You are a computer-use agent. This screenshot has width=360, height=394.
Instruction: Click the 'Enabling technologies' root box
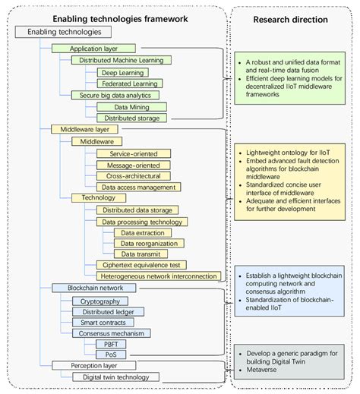64,32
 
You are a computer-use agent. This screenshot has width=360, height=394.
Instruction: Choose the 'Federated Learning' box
129,84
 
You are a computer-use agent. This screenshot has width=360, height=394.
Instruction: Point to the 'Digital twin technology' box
115,377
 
